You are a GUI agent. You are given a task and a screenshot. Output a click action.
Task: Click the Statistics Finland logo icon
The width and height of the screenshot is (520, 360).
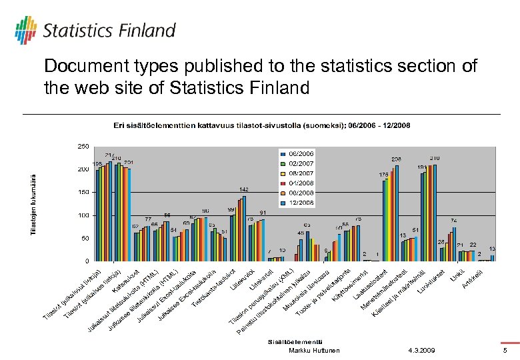point(25,30)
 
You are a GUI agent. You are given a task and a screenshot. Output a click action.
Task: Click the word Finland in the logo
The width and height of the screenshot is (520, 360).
point(148,31)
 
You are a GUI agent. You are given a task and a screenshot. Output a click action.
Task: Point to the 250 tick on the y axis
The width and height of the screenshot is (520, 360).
point(83,146)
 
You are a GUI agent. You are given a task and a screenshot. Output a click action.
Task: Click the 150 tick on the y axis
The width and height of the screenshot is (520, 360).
point(83,192)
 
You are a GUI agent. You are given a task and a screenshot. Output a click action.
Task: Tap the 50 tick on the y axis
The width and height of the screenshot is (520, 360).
point(85,238)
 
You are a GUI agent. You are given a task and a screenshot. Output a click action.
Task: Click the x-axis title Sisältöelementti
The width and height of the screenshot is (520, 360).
point(289,341)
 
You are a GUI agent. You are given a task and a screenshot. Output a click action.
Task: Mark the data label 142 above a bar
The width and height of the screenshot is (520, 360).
point(245,189)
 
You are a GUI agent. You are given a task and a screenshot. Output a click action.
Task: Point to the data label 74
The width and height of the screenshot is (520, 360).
point(453,220)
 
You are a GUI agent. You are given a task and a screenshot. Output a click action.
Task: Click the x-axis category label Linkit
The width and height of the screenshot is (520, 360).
point(455,274)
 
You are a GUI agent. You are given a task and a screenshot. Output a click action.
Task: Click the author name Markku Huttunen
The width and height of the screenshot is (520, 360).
point(314,351)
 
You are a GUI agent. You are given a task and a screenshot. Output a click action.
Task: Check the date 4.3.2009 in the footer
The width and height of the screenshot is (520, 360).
point(421,351)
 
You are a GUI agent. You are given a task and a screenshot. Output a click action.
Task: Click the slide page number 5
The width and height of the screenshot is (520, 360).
point(505,351)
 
